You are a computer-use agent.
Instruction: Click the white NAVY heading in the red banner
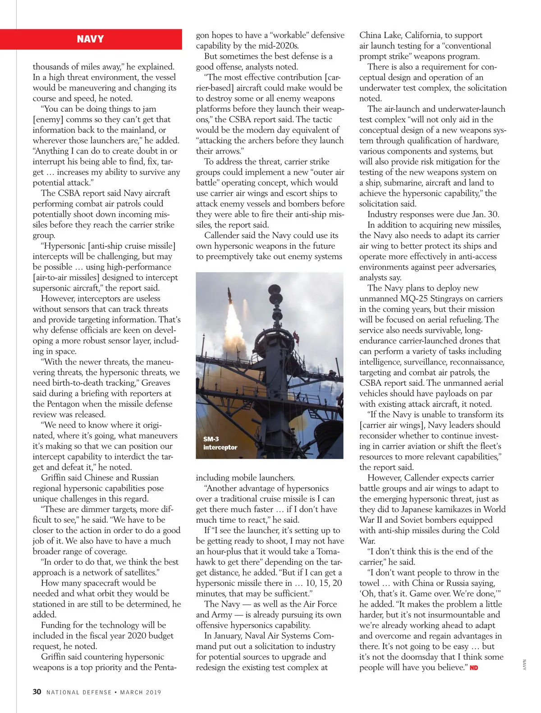tap(90, 39)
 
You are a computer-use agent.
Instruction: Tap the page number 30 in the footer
tap(37, 692)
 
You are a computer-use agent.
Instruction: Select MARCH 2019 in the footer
tap(141, 692)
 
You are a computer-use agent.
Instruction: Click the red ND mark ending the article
tap(474, 667)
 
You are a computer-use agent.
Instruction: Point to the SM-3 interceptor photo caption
tap(220, 443)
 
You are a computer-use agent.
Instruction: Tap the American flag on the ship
tap(296, 336)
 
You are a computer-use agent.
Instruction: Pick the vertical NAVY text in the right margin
tap(524, 666)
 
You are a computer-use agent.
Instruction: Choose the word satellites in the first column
tap(137, 572)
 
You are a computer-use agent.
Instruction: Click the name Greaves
tap(156, 383)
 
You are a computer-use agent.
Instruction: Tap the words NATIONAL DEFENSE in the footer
tap(79, 692)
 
